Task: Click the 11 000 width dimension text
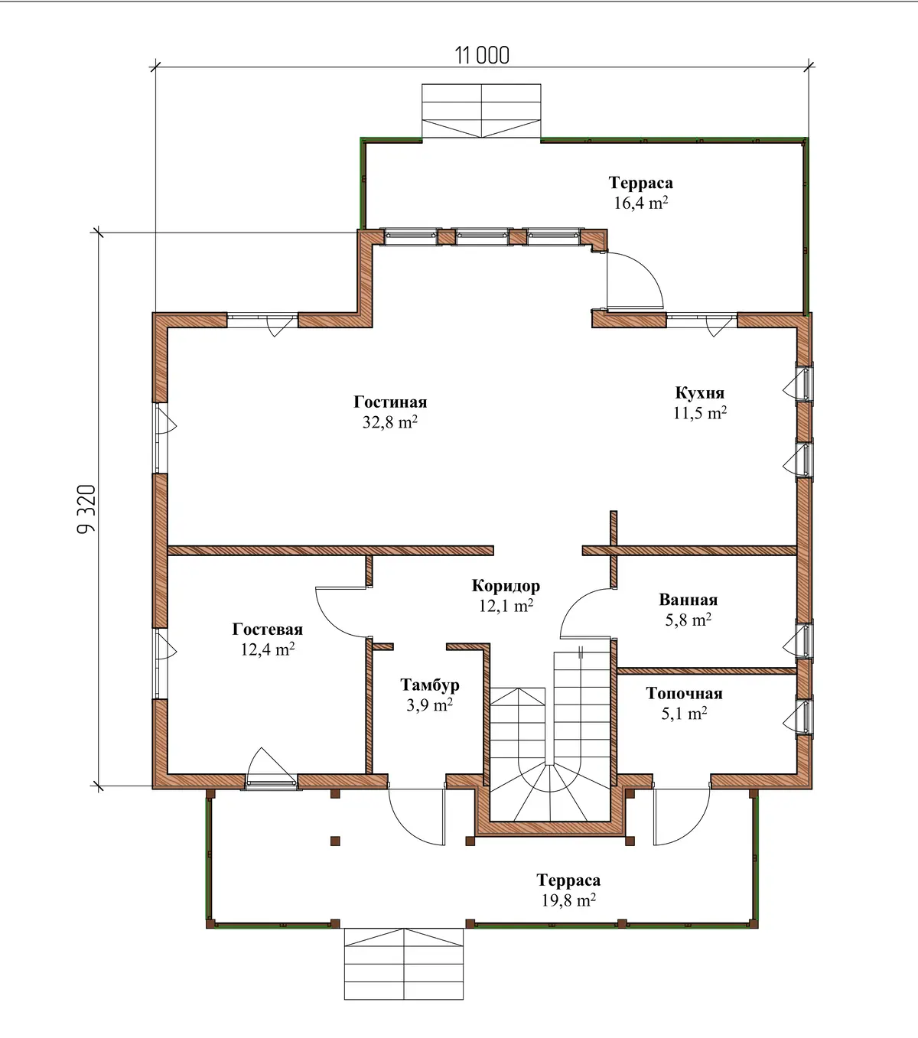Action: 482,56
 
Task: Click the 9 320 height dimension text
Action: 86,509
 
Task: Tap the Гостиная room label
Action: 390,402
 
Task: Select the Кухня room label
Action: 700,393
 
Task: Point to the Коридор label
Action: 506,586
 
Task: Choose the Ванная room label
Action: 688,600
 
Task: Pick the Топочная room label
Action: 684,693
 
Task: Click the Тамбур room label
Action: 429,685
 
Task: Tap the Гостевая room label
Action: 268,630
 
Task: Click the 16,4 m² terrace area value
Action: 641,203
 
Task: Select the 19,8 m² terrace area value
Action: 568,900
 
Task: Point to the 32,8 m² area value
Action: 390,422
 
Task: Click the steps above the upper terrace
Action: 481,111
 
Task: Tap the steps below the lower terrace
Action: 404,964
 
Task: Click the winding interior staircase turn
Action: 550,792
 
